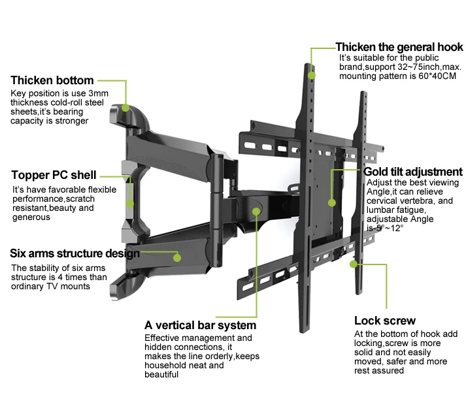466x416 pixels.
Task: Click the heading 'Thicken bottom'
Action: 52,80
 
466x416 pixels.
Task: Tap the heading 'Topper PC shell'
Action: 54,175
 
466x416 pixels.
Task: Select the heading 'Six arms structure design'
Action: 75,253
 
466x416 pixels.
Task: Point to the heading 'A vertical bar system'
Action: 200,325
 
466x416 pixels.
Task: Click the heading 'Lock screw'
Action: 385,321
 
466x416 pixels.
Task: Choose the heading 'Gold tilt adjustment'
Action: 413,172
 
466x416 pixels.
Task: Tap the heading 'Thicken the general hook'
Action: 399,47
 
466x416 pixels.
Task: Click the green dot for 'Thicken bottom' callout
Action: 125,108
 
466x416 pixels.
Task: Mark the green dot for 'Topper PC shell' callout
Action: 130,204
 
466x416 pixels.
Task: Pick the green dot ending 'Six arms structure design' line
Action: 177,257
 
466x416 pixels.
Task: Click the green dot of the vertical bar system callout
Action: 256,212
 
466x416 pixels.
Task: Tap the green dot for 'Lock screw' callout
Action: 354,264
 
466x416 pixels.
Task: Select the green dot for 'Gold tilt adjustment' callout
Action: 332,203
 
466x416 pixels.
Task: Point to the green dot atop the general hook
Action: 312,75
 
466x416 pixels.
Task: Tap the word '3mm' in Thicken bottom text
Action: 99,93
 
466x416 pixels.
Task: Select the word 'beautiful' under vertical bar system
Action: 161,374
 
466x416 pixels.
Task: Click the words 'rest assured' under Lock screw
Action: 379,370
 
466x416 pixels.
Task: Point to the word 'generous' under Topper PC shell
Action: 31,217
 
